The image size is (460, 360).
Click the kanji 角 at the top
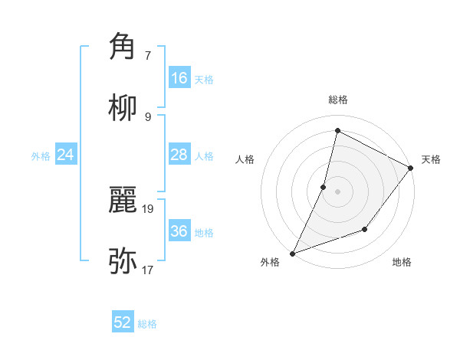[123, 46]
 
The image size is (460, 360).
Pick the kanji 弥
[123, 260]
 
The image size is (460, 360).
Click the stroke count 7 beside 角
[148, 55]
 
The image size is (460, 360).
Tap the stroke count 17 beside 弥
[149, 270]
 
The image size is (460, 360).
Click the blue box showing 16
[179, 78]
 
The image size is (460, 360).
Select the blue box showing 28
[179, 155]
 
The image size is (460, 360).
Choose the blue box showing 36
[179, 231]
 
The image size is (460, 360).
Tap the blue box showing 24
[66, 155]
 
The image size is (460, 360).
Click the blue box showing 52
[123, 322]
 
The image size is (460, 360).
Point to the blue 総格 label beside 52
[147, 324]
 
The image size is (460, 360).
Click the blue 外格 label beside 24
[41, 156]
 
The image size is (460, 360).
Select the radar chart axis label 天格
[431, 159]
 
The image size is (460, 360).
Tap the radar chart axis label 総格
[338, 100]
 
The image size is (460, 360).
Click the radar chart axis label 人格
[245, 159]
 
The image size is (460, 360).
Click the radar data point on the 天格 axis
[411, 168]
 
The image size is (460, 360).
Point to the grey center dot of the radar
[337, 191]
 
